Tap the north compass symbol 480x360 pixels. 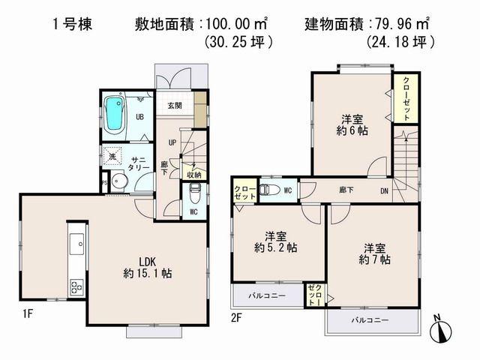pos(442,328)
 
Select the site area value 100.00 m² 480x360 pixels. pos(239,23)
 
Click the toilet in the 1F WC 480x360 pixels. pos(193,196)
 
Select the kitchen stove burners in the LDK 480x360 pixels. pos(77,286)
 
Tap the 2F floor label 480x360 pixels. pos(236,319)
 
